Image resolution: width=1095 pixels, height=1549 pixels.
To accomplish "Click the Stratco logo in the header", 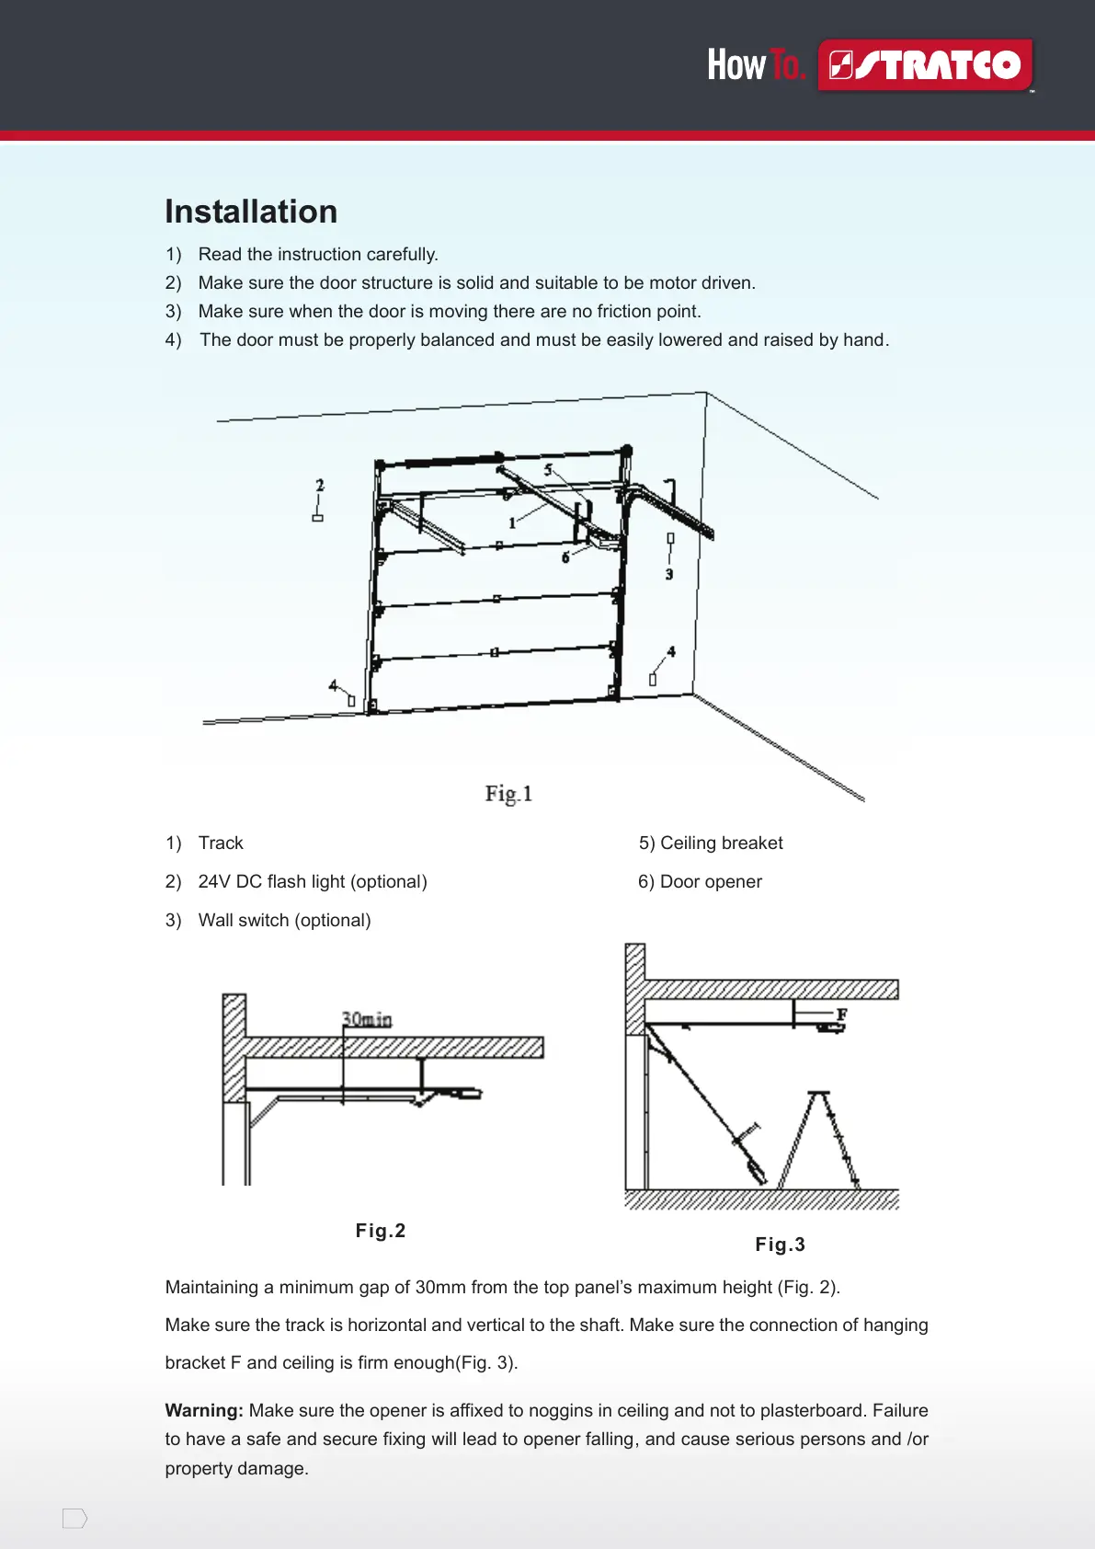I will [x=925, y=65].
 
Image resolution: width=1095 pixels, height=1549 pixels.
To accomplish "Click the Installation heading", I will [x=251, y=212].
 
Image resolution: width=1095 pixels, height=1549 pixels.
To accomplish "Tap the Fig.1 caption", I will [x=508, y=793].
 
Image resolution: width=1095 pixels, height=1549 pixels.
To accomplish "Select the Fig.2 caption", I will [x=381, y=1231].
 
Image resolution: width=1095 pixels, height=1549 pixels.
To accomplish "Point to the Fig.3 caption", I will [x=780, y=1245].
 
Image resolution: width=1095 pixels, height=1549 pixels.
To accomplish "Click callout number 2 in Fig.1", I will [x=320, y=485].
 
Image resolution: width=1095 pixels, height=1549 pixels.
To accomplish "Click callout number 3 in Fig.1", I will [x=669, y=574].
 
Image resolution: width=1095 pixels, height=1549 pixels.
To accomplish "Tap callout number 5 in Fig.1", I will [x=548, y=470].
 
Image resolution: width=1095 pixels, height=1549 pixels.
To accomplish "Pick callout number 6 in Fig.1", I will [x=565, y=557].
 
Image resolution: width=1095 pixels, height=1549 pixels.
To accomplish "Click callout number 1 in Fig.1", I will [x=512, y=523].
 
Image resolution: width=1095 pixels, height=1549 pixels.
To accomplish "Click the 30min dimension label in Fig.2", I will [x=367, y=1019].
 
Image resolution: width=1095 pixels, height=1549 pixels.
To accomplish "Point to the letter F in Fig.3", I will [x=841, y=1014].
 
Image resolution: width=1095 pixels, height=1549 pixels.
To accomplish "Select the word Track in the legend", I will [x=221, y=843].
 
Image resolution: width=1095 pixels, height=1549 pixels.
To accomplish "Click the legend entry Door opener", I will [x=710, y=881].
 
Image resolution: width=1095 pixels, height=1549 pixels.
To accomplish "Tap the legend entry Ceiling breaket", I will [x=721, y=843].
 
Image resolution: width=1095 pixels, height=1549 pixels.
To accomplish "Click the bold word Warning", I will [x=204, y=1410].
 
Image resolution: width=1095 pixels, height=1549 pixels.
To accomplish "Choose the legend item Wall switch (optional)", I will [x=284, y=920].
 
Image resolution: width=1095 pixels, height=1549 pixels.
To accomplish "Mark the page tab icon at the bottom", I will [x=74, y=1519].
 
